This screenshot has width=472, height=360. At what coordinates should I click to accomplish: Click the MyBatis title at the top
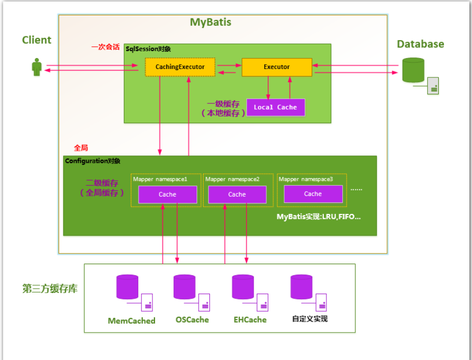tap(210, 23)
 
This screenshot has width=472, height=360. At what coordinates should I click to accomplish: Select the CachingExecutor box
tap(180, 67)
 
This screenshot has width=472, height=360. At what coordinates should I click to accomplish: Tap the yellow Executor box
tap(276, 67)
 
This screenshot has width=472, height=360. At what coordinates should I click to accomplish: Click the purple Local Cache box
tap(275, 108)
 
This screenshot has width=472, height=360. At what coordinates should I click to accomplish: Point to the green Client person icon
tap(36, 67)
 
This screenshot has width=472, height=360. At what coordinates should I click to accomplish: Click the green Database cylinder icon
tap(413, 70)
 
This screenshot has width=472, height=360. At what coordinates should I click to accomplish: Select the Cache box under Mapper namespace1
tap(167, 194)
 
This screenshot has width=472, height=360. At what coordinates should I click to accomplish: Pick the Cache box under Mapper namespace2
tap(237, 194)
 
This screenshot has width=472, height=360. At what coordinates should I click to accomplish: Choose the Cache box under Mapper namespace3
tap(313, 194)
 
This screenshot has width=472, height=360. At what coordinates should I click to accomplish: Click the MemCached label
tap(131, 320)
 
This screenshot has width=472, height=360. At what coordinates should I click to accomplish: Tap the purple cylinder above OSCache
tap(185, 287)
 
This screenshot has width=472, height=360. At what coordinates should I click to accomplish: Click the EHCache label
tap(250, 319)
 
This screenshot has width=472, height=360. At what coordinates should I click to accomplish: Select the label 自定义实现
tap(310, 319)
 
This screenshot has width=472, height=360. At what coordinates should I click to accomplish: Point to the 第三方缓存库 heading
tap(50, 289)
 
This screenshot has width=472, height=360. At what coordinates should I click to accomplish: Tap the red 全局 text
tap(81, 149)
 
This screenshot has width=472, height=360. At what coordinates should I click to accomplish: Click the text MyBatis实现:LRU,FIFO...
tap(319, 217)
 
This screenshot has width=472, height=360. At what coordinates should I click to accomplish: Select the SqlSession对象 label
tap(148, 49)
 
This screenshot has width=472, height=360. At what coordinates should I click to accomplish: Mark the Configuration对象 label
tap(92, 161)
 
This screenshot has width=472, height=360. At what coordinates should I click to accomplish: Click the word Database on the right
tap(420, 44)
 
